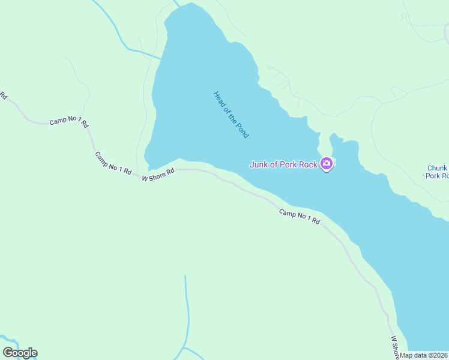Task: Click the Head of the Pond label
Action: pos(231,115)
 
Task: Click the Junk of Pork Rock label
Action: pos(283,164)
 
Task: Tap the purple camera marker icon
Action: pos(327,163)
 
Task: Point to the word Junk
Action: pos(259,164)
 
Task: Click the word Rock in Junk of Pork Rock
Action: pos(307,164)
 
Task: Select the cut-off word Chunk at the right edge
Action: pos(438,169)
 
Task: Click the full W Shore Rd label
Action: pos(158,175)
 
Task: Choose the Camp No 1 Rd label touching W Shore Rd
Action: pos(113,163)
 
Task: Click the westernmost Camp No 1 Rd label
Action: pos(68,121)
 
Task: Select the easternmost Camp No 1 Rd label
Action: pos(300,217)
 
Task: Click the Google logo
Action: pos(20,353)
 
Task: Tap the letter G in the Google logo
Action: pos(8,353)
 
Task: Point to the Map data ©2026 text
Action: pos(424,355)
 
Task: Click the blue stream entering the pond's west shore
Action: pos(143,52)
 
